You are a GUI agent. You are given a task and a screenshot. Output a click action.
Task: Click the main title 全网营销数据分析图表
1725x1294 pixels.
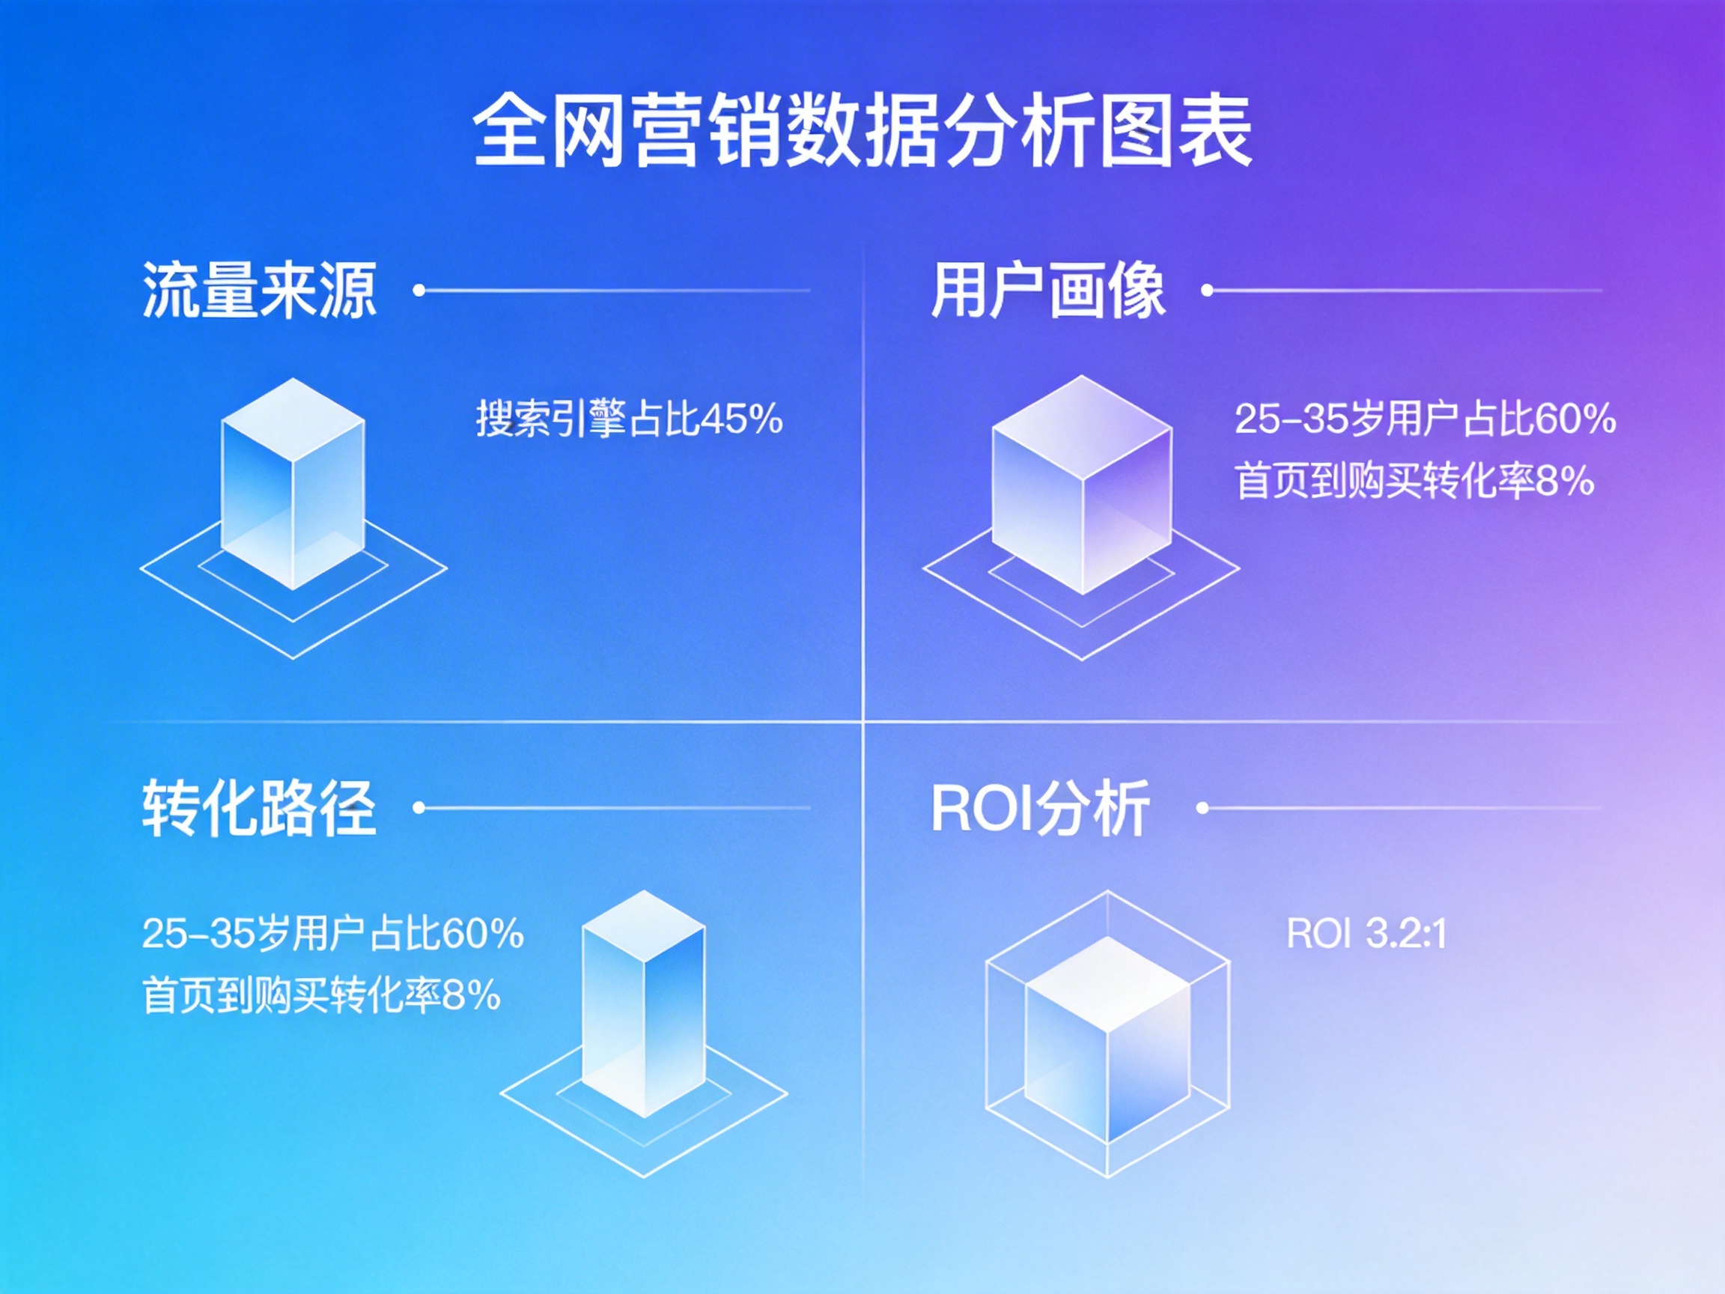[862, 130]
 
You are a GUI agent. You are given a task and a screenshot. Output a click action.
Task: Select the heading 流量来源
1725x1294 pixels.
[259, 290]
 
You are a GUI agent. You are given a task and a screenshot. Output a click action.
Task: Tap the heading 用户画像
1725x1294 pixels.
[1047, 290]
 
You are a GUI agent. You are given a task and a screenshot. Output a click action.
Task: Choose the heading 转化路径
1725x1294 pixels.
[259, 808]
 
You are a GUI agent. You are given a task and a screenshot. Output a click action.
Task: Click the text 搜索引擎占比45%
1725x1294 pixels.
[629, 419]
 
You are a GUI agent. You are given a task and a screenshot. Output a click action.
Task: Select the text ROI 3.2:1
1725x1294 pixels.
[1366, 934]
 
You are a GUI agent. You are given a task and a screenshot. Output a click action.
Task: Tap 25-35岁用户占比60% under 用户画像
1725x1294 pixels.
[1425, 419]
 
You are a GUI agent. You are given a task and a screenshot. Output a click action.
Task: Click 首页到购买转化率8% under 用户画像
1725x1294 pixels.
[1414, 481]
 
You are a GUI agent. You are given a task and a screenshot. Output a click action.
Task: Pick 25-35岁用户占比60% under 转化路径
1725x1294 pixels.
[332, 934]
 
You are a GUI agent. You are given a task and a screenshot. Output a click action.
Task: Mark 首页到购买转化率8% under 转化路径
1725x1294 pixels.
[321, 995]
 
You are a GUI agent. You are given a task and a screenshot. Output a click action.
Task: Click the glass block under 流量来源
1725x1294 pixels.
[293, 484]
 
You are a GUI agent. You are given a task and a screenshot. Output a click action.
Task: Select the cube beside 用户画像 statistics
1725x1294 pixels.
[1082, 484]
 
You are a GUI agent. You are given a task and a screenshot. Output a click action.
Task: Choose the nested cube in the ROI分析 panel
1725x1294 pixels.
[1107, 1033]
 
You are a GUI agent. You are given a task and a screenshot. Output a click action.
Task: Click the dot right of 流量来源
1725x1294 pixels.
[419, 290]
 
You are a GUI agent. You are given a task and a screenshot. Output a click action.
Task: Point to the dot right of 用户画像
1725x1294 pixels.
[1207, 290]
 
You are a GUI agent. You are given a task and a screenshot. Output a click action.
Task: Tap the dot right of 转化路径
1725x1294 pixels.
[419, 808]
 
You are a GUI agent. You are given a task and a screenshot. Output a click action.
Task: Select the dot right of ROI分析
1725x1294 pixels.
[1202, 808]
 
